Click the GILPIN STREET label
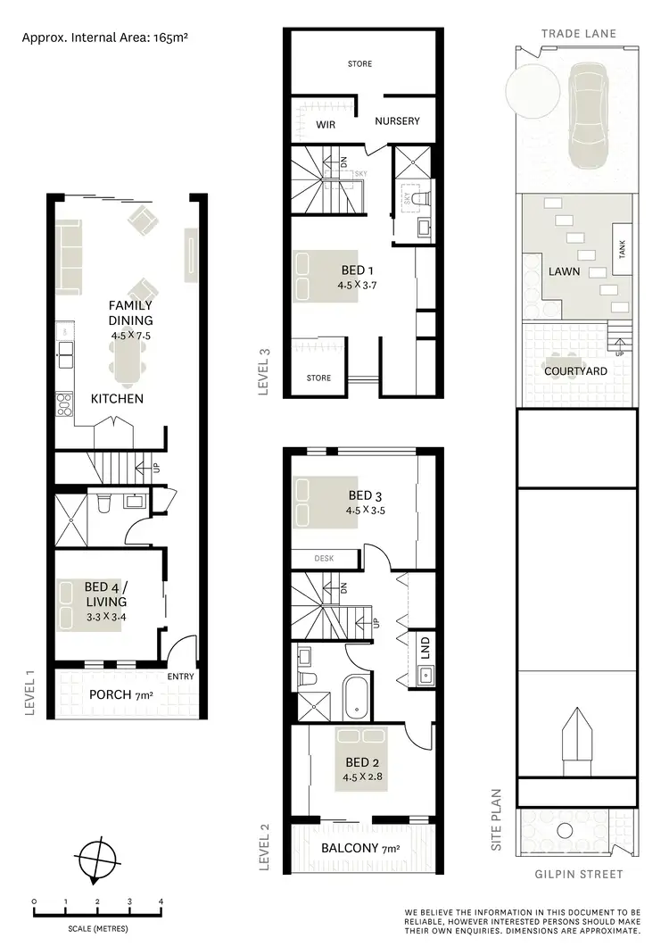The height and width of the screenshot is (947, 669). point(578,874)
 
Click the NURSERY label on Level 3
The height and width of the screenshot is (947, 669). point(396,120)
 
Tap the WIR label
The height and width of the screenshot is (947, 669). point(326,125)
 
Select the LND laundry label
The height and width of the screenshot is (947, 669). point(425,644)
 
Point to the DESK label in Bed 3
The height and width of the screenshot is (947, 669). point(324,559)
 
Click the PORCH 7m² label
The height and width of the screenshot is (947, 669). point(120,694)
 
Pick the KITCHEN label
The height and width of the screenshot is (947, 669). point(117,398)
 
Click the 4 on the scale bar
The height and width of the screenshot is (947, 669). point(161,901)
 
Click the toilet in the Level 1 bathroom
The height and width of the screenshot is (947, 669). point(103,504)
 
